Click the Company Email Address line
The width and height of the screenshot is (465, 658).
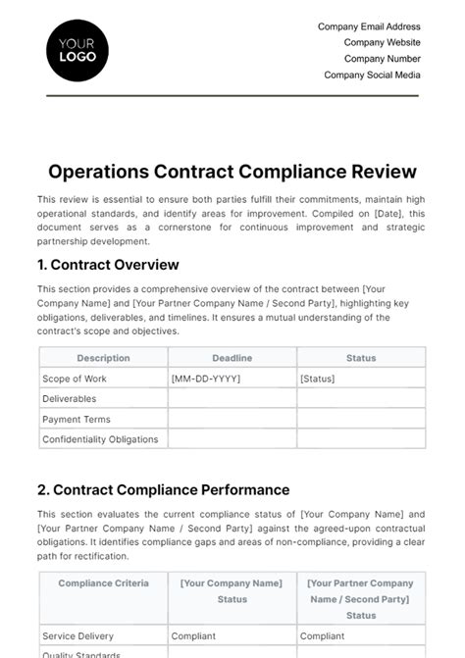click(x=369, y=26)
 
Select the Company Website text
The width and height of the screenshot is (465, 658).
click(x=382, y=42)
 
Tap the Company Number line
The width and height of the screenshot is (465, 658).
click(x=382, y=59)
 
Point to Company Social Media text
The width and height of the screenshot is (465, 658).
click(x=372, y=75)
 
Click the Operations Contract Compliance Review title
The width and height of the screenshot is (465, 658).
click(x=232, y=172)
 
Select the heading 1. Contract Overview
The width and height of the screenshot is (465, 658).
click(x=108, y=265)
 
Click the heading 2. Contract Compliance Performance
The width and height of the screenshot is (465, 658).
click(x=163, y=489)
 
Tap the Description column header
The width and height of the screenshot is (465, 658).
click(x=103, y=358)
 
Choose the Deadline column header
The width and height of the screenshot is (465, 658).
click(x=232, y=358)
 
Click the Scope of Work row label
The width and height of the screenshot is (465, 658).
click(x=75, y=379)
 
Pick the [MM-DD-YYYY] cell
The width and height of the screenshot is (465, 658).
click(x=206, y=379)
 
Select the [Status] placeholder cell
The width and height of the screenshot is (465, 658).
click(x=317, y=379)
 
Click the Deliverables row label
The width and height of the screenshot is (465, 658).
click(x=70, y=399)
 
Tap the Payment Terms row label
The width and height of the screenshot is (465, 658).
click(x=77, y=420)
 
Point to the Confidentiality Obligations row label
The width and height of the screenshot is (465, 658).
click(x=100, y=439)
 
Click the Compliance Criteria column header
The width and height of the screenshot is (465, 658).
click(x=103, y=583)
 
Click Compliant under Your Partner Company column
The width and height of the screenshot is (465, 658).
click(x=322, y=635)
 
